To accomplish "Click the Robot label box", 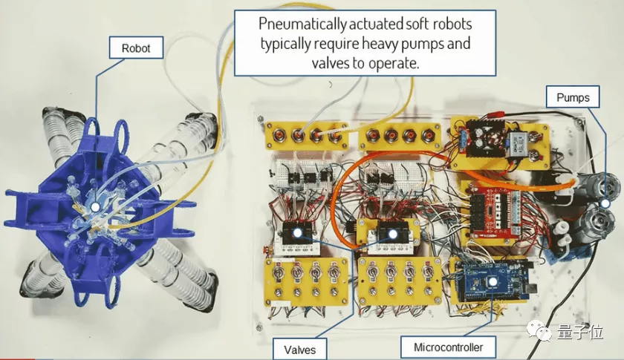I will pos(136,50).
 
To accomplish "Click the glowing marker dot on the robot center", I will pos(94,206).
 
